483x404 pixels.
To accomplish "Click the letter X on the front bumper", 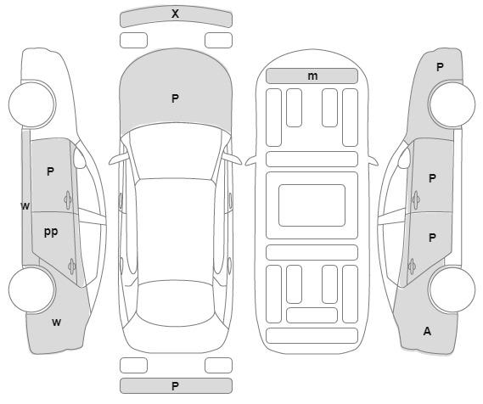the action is (175, 14).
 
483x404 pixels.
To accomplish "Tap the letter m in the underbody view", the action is (312, 76).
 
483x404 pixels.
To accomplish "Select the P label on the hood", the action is (175, 98).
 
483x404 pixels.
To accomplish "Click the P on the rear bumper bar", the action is (175, 386).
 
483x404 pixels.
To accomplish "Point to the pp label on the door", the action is (51, 232).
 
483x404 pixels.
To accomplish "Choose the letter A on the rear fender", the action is (427, 331).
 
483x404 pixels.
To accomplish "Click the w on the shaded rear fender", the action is (56, 323).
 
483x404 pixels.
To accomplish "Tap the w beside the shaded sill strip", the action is (25, 205).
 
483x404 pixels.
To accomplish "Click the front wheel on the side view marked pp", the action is (32, 104).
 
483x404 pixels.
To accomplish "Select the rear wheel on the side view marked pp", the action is (32, 289).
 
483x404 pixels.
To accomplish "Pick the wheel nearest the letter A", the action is (452, 289).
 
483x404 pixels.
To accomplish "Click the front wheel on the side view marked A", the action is (452, 104).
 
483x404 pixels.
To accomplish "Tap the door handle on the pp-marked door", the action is (72, 266).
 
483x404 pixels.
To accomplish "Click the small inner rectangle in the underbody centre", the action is (312, 205).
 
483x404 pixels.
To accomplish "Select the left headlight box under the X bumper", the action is (133, 41).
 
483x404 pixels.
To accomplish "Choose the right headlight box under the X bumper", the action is (218, 41).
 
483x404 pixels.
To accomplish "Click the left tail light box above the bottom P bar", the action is (133, 365).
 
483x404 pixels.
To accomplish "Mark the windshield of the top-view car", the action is (175, 151).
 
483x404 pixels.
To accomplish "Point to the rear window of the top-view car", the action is (176, 303).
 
